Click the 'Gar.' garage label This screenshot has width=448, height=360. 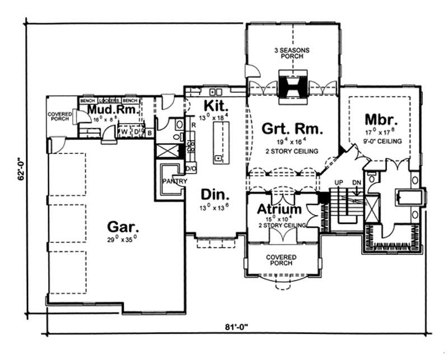pyautogui.click(x=123, y=227)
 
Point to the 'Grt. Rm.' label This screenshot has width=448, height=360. pyautogui.click(x=292, y=129)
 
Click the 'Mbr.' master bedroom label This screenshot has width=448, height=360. pyautogui.click(x=381, y=119)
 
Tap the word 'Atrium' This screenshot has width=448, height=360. pyautogui.click(x=279, y=209)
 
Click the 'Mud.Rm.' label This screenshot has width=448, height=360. pyautogui.click(x=112, y=109)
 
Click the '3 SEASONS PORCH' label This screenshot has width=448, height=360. pyautogui.click(x=292, y=54)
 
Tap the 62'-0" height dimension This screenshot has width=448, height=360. pyautogui.click(x=21, y=168)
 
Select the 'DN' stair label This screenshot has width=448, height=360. pyautogui.click(x=356, y=183)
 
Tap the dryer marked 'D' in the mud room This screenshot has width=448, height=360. pyautogui.click(x=136, y=132)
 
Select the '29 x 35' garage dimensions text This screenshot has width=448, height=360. pyautogui.click(x=123, y=240)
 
